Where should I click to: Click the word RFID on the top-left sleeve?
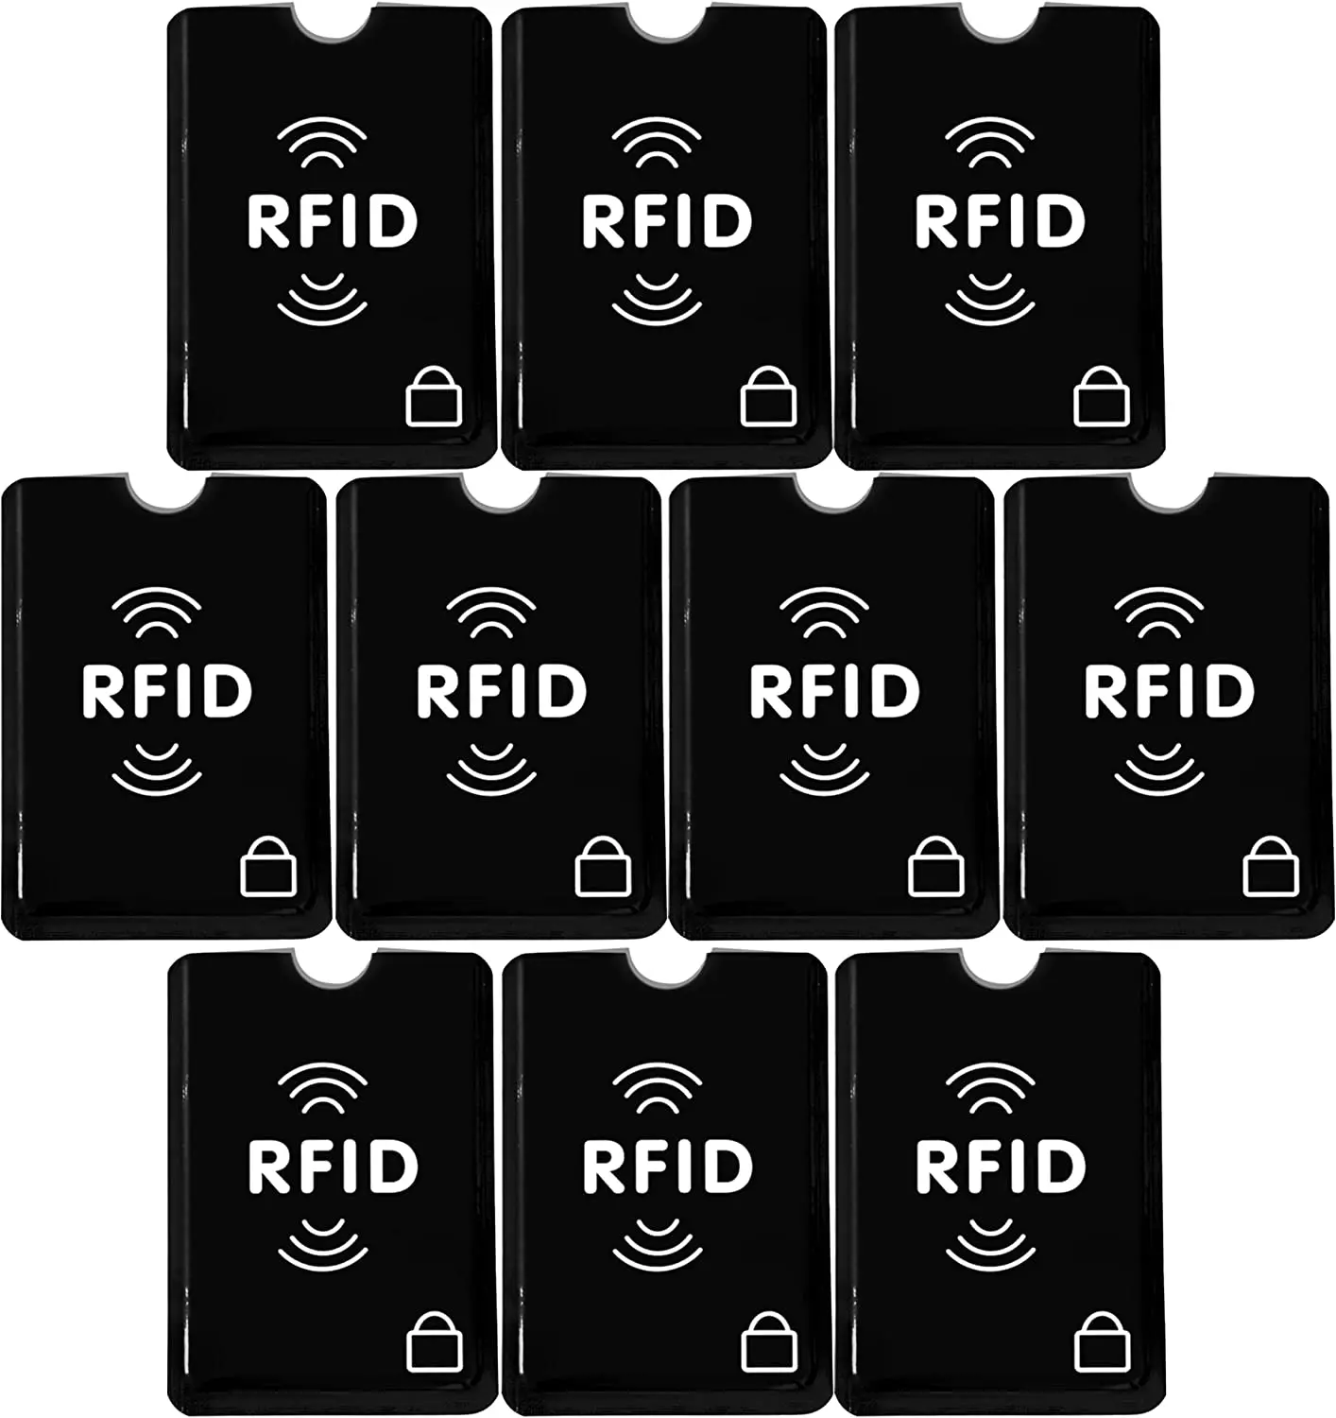click(x=332, y=221)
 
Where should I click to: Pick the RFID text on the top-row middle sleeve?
click(x=666, y=221)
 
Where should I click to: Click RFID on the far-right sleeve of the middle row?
click(x=1169, y=691)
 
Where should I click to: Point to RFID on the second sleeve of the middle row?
click(x=500, y=691)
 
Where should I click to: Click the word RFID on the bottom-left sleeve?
click(x=332, y=1166)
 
